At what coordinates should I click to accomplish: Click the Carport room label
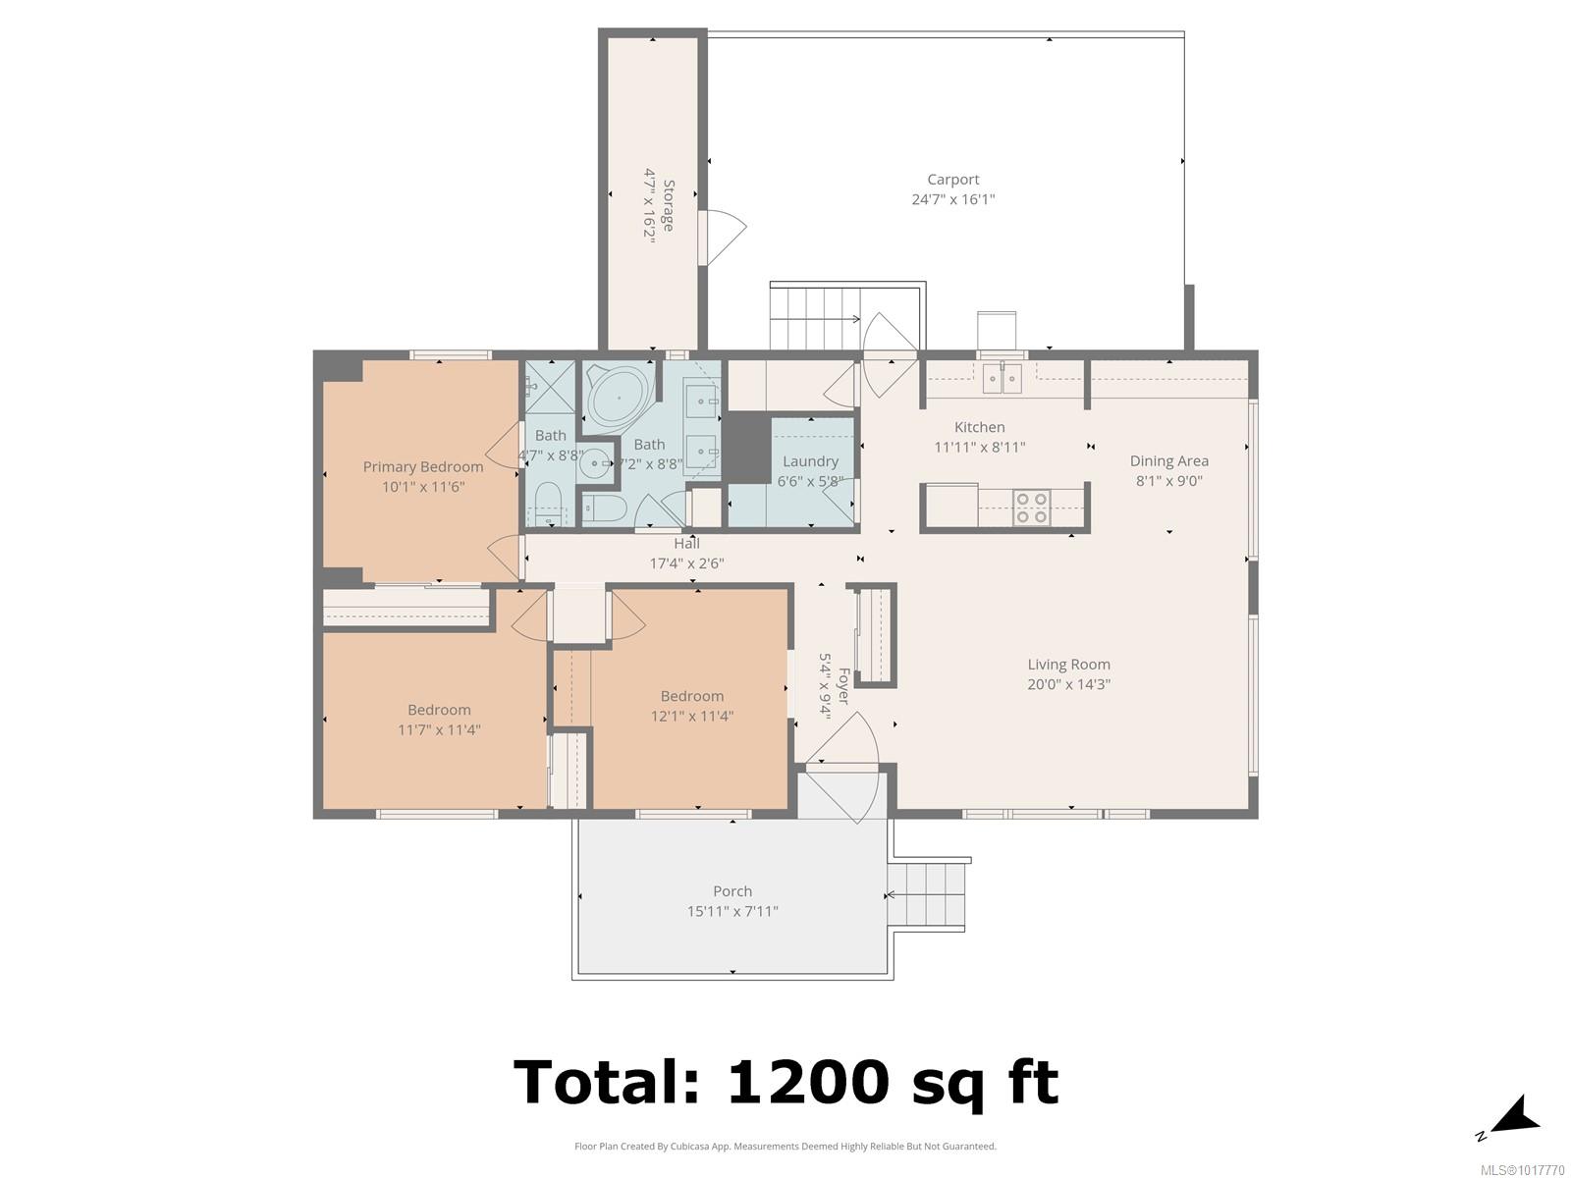pos(952,180)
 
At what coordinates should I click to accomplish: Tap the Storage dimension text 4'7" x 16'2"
pos(650,206)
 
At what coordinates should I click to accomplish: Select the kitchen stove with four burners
pos(1032,508)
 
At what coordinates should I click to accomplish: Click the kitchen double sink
pos(1002,378)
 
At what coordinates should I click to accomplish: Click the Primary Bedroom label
pos(423,467)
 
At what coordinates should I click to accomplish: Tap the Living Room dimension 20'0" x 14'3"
pos(1068,684)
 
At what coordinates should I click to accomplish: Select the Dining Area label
pos(1168,461)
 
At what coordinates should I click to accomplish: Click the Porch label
pos(732,891)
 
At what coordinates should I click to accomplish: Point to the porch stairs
pos(927,894)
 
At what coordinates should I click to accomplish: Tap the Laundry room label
pos(810,462)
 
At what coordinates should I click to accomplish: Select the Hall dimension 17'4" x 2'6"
pos(686,563)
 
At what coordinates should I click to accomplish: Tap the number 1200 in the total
pos(808,1082)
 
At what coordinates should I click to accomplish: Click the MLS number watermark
pos(1522,1170)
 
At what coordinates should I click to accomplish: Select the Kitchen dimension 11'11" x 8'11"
pos(979,448)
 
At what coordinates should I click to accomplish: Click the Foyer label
pos(843,686)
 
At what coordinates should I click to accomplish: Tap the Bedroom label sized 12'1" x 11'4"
pos(691,697)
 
